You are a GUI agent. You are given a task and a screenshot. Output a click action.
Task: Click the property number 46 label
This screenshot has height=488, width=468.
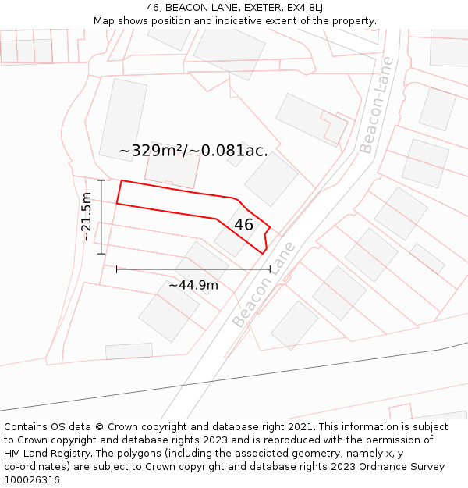(x=243, y=225)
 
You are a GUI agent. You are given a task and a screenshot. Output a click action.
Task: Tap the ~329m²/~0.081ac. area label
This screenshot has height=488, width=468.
(x=193, y=151)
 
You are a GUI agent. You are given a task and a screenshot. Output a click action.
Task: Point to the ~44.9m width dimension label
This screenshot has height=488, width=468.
(x=193, y=285)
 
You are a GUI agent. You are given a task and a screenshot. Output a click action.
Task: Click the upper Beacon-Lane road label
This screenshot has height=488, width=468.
(x=376, y=105)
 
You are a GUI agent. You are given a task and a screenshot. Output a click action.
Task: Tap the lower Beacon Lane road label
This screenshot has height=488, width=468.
(x=264, y=285)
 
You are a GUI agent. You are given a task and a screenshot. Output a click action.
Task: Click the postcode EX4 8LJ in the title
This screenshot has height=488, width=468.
(x=304, y=8)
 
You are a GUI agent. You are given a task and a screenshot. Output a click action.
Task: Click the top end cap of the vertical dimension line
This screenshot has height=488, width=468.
(x=101, y=180)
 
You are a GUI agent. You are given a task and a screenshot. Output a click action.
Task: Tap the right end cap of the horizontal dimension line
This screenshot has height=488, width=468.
(x=270, y=269)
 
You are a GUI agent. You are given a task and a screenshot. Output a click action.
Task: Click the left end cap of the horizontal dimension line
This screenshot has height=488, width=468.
(x=117, y=269)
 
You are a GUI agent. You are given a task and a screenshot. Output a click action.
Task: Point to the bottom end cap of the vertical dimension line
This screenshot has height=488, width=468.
(x=101, y=254)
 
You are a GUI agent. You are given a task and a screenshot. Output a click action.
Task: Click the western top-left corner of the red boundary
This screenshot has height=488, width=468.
(x=120, y=180)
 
